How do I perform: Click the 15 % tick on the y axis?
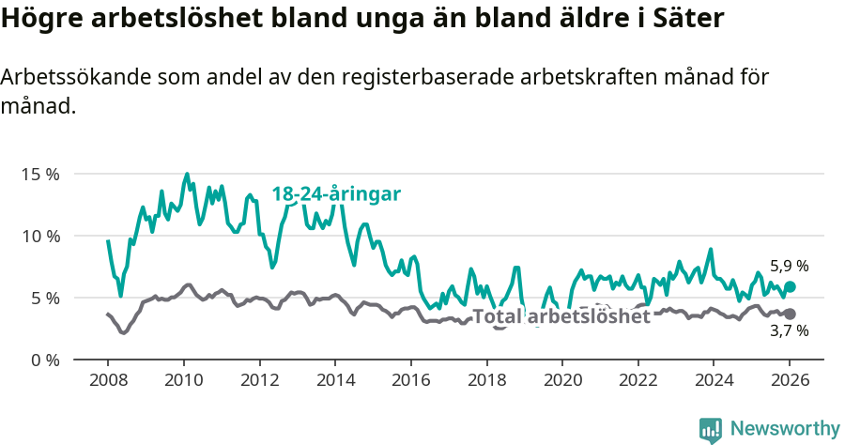pyautogui.click(x=40, y=174)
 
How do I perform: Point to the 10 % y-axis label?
pyautogui.click(x=40, y=236)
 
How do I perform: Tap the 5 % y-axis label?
pyautogui.click(x=45, y=298)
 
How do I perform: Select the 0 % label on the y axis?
pyautogui.click(x=45, y=360)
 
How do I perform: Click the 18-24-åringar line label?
pyautogui.click(x=336, y=194)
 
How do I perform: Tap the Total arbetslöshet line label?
pyautogui.click(x=561, y=317)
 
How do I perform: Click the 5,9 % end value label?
pyautogui.click(x=789, y=267)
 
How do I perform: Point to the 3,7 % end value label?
pyautogui.click(x=789, y=330)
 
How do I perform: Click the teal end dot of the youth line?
pyautogui.click(x=790, y=286)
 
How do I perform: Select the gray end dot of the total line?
pyautogui.click(x=790, y=314)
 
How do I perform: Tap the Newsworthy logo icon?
pyautogui.click(x=711, y=430)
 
